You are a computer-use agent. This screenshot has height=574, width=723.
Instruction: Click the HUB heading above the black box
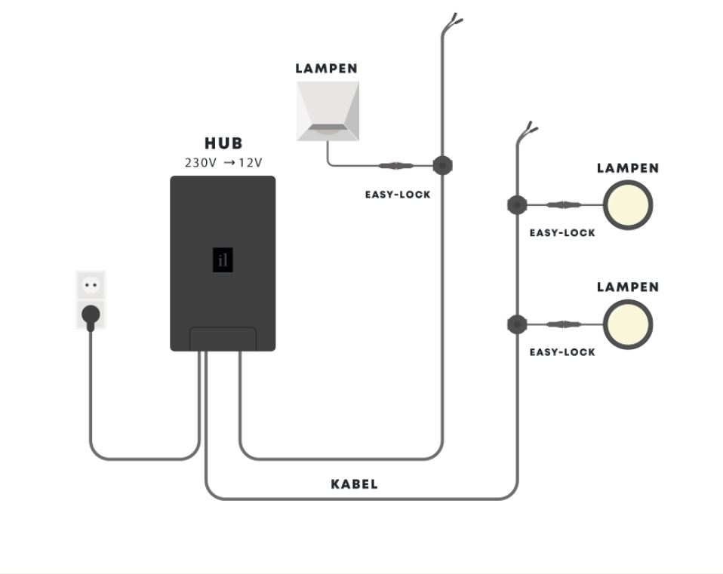(x=223, y=143)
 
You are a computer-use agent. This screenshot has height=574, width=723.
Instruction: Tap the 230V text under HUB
(x=201, y=163)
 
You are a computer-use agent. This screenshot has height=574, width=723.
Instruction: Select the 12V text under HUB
(x=251, y=163)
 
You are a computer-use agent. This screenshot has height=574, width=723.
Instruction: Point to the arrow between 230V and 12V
(x=229, y=163)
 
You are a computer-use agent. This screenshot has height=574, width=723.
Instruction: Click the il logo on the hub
(x=223, y=259)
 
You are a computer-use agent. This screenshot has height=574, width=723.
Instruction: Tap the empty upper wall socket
(x=91, y=285)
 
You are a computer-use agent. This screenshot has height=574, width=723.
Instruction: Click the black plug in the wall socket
(x=91, y=317)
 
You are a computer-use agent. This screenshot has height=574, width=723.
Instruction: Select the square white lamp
(x=328, y=111)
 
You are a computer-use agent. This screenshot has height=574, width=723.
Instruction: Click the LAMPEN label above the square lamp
(x=327, y=69)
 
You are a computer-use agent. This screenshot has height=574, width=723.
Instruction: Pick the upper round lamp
(x=628, y=205)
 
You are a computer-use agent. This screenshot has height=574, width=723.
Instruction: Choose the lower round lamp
(x=628, y=324)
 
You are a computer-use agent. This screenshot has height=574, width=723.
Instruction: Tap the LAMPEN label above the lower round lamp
(x=628, y=287)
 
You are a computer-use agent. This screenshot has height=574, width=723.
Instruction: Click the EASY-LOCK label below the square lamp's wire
(x=398, y=195)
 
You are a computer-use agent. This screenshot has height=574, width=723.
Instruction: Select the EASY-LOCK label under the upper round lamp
(x=562, y=232)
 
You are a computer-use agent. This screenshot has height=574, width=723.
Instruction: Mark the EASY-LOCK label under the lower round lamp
(x=562, y=352)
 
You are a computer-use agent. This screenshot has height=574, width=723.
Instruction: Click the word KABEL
(x=355, y=484)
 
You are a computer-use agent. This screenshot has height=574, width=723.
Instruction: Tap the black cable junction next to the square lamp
(x=443, y=165)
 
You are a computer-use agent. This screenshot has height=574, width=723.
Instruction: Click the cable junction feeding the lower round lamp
(x=518, y=324)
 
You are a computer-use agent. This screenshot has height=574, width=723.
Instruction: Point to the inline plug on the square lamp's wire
(x=396, y=165)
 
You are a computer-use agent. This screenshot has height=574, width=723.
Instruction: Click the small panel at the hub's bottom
(x=223, y=339)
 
